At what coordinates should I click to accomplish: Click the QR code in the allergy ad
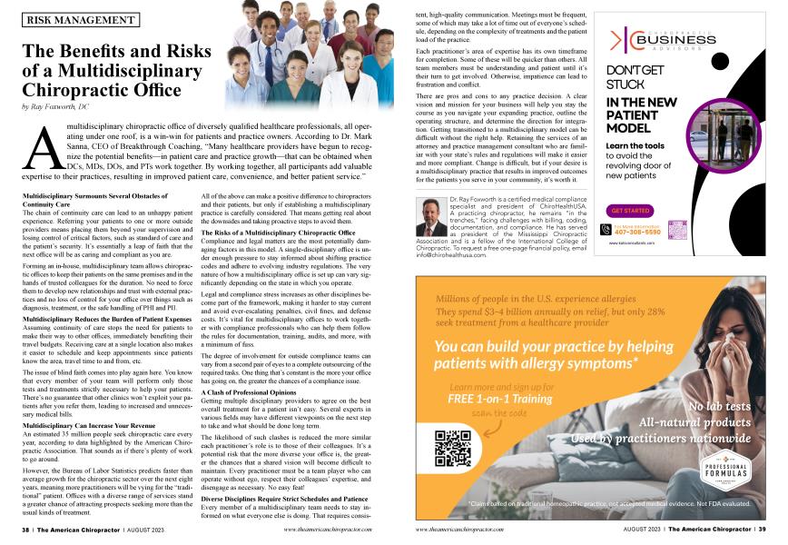pos(453,448)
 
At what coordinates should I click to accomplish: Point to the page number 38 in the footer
pos(26,527)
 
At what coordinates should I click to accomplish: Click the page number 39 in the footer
pos(762,527)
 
